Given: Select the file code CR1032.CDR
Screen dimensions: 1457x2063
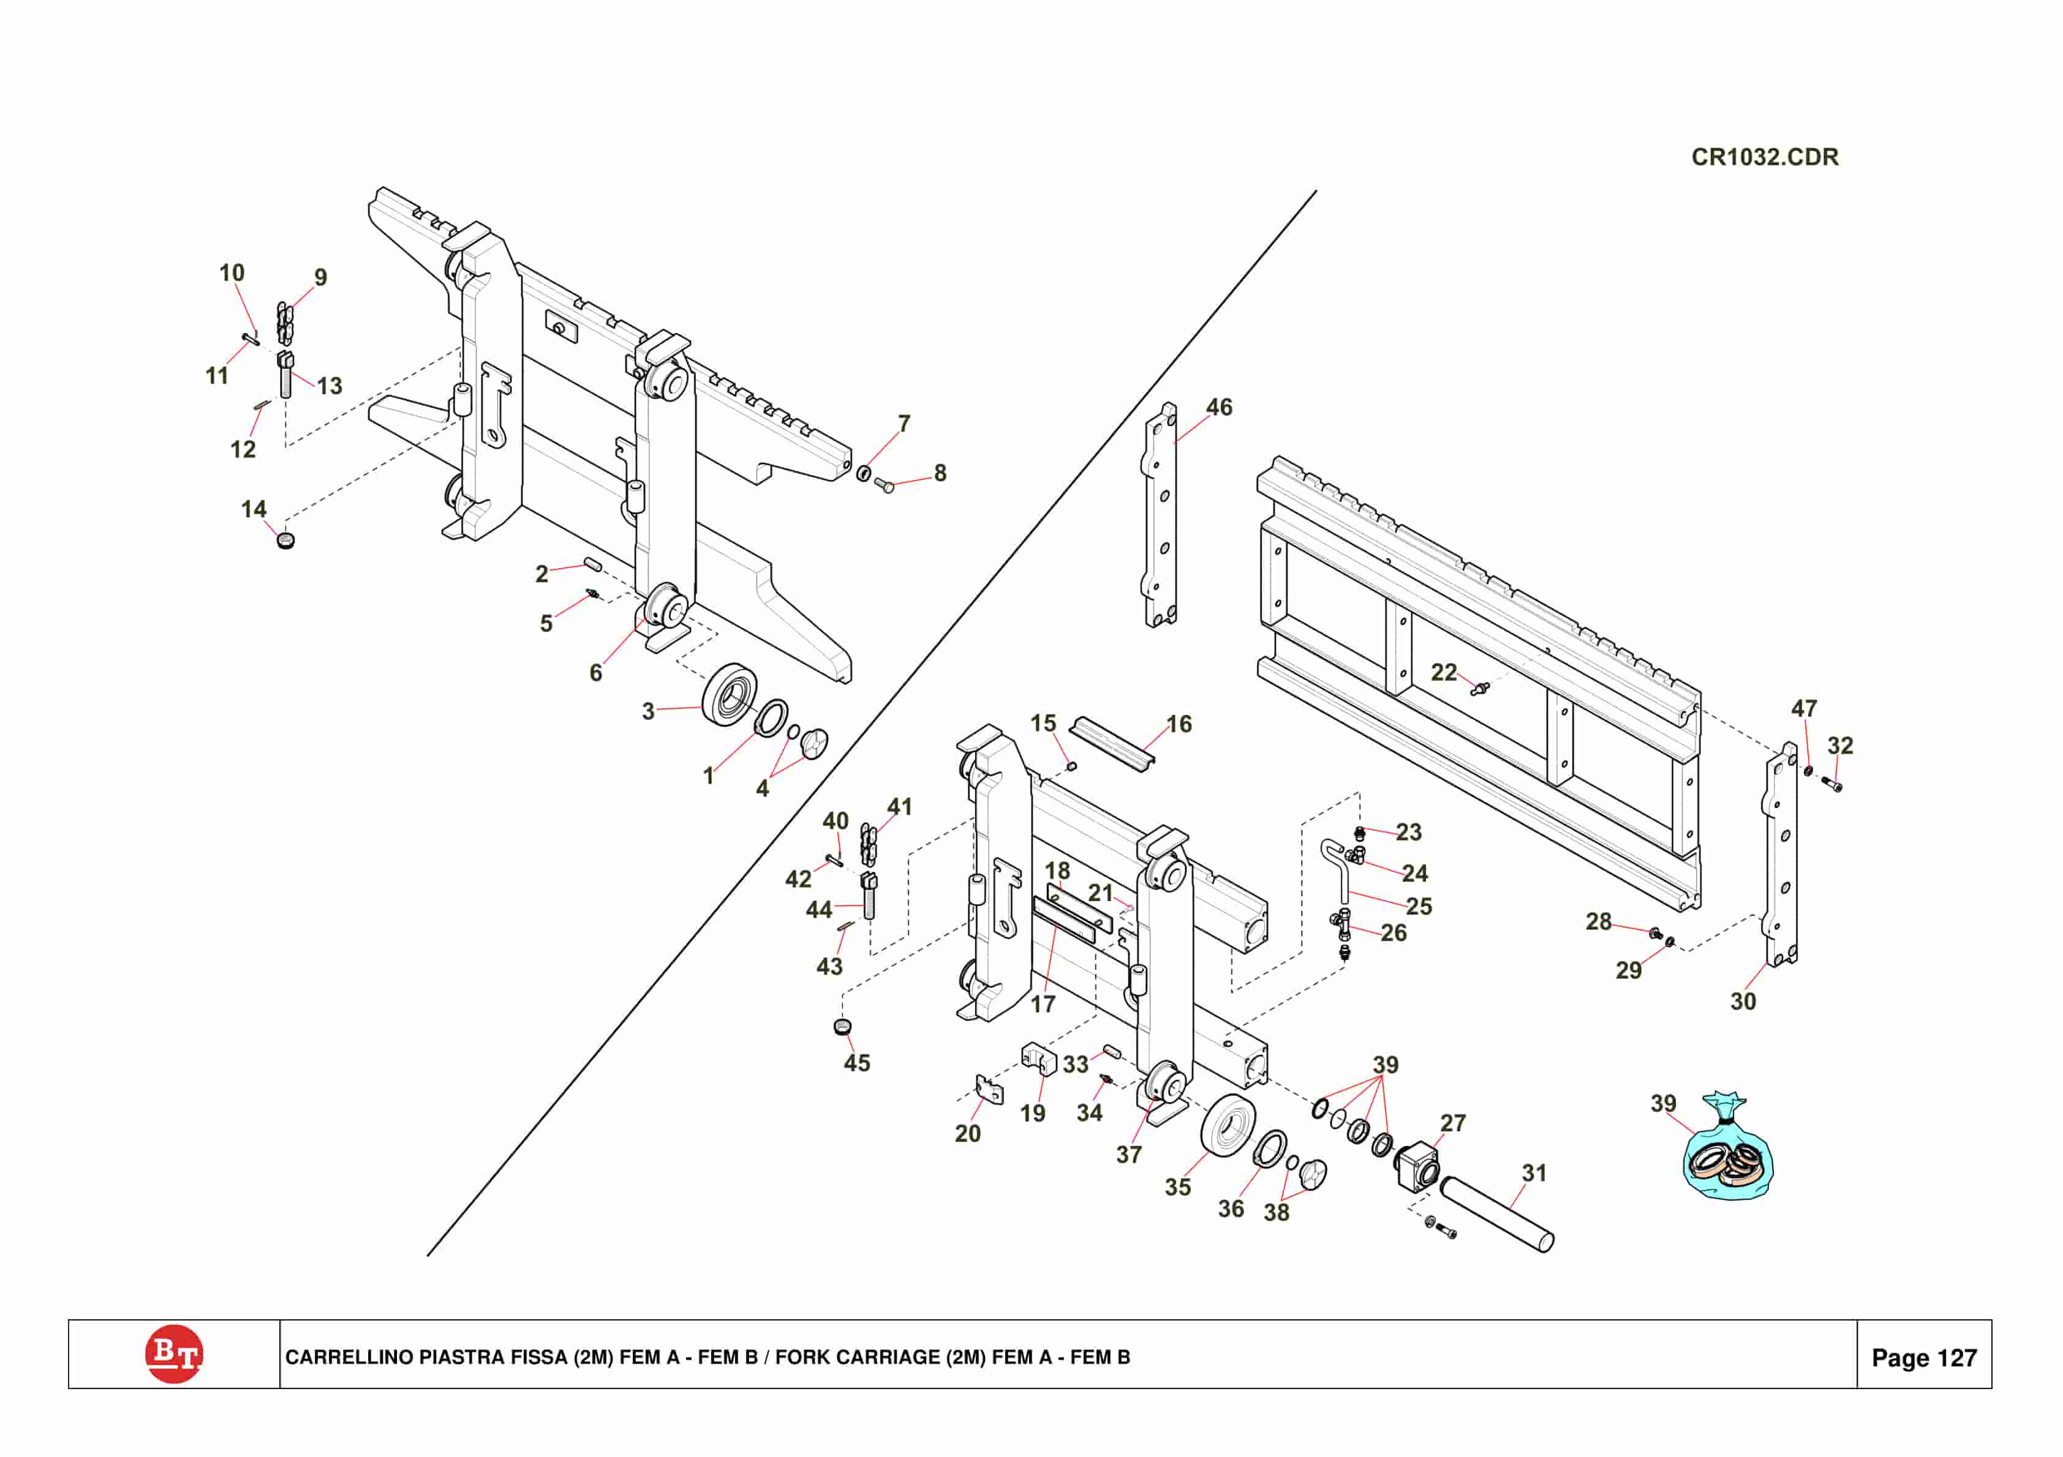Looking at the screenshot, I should point(1765,157).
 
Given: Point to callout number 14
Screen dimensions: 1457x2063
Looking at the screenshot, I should point(254,509).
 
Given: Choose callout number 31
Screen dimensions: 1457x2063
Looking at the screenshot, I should point(1534,1172).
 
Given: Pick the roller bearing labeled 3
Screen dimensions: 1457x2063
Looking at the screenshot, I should point(730,695).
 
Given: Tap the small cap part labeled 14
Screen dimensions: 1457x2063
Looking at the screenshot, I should point(285,541).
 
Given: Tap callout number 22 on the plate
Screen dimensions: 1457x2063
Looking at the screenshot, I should point(1443,672).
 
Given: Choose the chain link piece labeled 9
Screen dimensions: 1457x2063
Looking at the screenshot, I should point(285,323).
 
